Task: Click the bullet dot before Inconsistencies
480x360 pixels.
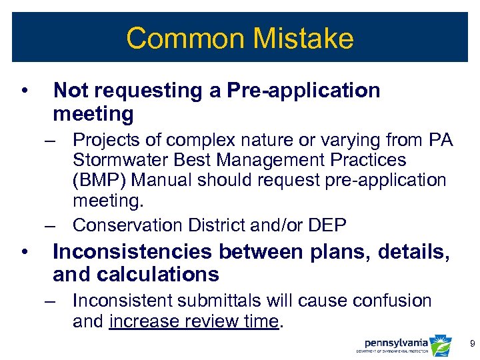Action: click(x=24, y=252)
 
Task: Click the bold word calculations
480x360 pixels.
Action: click(x=159, y=274)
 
